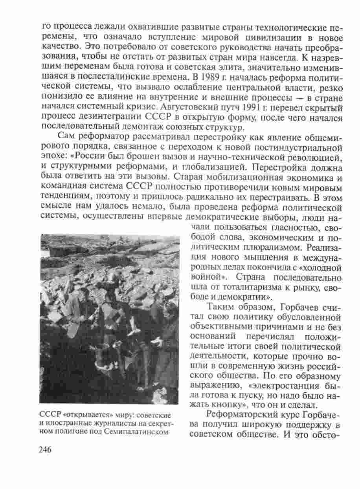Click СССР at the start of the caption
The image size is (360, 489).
(x=49, y=416)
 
